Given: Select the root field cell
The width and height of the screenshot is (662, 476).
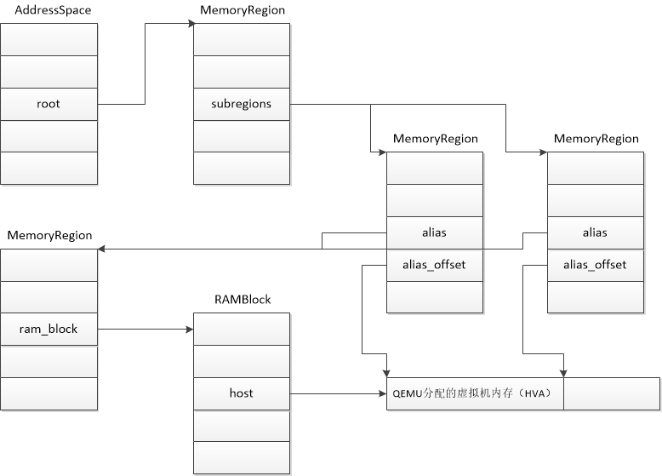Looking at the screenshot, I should pyautogui.click(x=49, y=104).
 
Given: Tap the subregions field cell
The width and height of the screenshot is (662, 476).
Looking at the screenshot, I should pyautogui.click(x=242, y=104).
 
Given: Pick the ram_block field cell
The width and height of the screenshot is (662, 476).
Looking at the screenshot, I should pyautogui.click(x=49, y=329).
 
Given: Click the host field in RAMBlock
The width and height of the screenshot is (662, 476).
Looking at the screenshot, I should pyautogui.click(x=242, y=393).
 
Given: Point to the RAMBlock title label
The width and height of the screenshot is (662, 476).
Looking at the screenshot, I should pyautogui.click(x=242, y=300).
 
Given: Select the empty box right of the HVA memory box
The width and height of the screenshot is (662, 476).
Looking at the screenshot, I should pyautogui.click(x=612, y=393).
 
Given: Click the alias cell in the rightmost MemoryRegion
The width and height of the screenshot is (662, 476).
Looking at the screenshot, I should pyautogui.click(x=595, y=232).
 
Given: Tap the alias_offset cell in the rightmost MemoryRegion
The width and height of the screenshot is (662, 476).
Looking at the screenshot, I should pyautogui.click(x=595, y=265).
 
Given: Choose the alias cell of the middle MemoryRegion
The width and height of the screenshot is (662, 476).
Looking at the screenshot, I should pyautogui.click(x=435, y=232).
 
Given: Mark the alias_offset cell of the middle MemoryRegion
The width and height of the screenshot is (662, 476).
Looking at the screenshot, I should pyautogui.click(x=435, y=265).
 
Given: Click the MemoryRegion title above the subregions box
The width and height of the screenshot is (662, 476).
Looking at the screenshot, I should pyautogui.click(x=243, y=9).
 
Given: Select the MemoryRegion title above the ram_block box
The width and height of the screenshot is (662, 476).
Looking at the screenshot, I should pyautogui.click(x=50, y=234).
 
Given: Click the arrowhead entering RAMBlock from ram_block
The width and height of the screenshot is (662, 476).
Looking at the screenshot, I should pyautogui.click(x=189, y=329).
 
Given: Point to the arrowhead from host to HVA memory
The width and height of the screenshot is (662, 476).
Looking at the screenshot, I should pyautogui.click(x=382, y=393).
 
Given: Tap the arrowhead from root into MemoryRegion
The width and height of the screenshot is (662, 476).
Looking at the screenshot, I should pyautogui.click(x=189, y=24).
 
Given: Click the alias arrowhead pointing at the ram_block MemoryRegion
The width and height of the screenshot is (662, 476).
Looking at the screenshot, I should pyautogui.click(x=103, y=249).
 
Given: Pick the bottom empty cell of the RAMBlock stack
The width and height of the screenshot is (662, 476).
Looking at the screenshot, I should pyautogui.click(x=242, y=457).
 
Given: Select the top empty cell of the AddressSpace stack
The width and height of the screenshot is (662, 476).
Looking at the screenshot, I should pyautogui.click(x=49, y=39).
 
